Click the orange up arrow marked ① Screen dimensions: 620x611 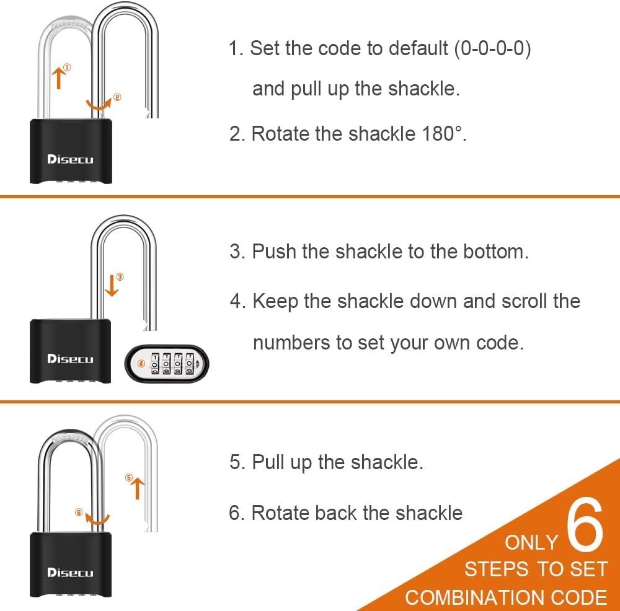click(59, 78)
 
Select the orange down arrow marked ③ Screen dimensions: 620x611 click(112, 286)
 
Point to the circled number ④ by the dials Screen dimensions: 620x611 click(141, 364)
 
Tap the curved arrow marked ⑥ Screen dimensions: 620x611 click(97, 520)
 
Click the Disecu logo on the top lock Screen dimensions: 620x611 click(70, 159)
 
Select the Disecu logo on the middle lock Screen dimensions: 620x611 click(70, 359)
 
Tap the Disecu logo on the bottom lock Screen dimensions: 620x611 click(70, 573)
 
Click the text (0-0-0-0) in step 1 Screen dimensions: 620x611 click(492, 49)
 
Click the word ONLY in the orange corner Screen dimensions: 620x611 click(531, 543)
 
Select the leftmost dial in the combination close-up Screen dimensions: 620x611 click(156, 364)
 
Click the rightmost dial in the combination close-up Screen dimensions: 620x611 click(190, 364)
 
